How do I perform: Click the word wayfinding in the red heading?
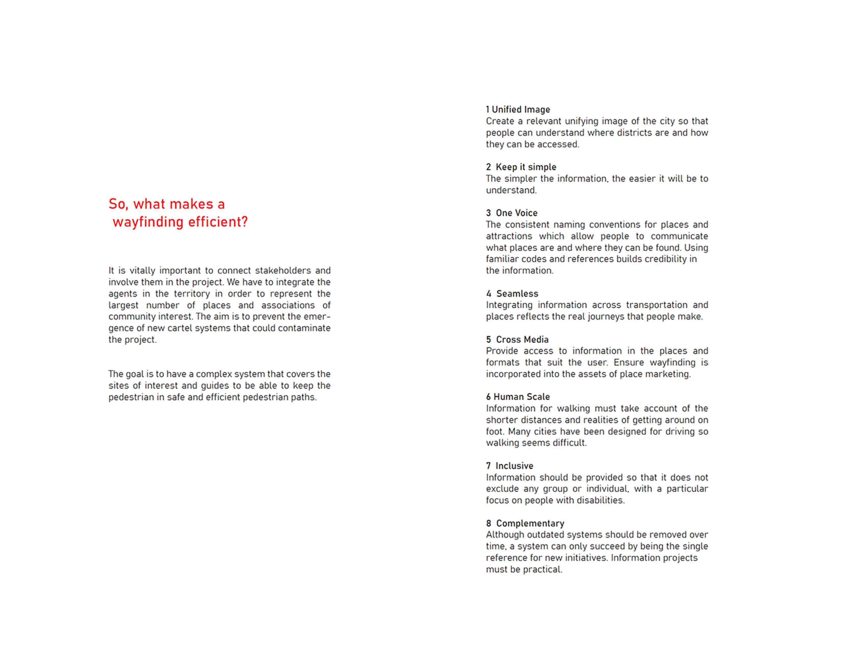tap(148, 222)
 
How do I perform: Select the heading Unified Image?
tap(521, 110)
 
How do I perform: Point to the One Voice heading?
tap(516, 213)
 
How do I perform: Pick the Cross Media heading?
tap(522, 339)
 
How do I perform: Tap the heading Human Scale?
tap(522, 397)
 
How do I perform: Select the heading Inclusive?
tap(514, 466)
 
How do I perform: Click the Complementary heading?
tap(530, 523)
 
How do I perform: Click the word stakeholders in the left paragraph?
tap(283, 270)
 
